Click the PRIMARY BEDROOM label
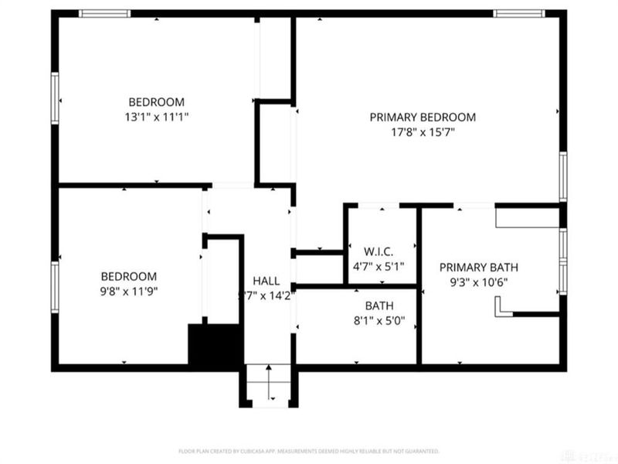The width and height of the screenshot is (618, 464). tap(422, 117)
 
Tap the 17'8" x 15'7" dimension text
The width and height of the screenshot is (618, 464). tap(422, 132)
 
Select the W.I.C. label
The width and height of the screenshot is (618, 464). tap(379, 251)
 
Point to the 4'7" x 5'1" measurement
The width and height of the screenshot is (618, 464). tap(379, 266)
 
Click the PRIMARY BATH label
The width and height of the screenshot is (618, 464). tap(479, 268)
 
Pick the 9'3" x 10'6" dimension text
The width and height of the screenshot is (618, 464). tap(479, 282)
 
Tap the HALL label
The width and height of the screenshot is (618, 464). tap(267, 281)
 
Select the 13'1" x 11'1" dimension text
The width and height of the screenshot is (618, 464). tap(156, 117)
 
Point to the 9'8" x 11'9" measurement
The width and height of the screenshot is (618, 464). tap(129, 291)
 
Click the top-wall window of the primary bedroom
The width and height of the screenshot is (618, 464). tap(519, 13)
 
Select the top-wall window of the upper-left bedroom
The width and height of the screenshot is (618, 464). tap(105, 13)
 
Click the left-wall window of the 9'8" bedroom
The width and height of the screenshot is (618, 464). tap(55, 286)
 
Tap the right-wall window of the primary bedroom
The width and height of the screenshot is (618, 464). tap(563, 176)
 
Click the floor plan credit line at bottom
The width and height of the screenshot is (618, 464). tap(309, 450)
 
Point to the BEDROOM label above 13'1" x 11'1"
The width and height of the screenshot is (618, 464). tap(156, 101)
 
